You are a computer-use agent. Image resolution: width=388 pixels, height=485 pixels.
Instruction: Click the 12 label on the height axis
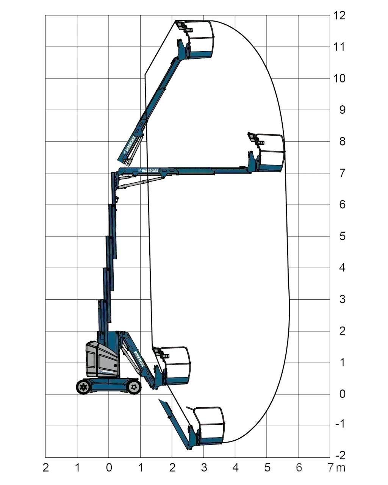coord(339,16)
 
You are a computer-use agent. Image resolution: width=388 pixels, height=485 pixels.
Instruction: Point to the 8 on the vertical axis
coord(342,142)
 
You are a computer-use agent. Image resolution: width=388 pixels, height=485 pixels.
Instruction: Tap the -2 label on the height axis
coord(340,455)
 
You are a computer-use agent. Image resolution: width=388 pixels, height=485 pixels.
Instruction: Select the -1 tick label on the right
coord(340,424)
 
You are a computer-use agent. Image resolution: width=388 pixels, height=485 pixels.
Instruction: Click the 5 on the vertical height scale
coord(342,236)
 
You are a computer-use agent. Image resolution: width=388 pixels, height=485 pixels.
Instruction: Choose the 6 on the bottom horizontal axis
coord(299,468)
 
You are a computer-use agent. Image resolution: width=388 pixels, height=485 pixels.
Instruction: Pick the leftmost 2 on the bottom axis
coord(45,468)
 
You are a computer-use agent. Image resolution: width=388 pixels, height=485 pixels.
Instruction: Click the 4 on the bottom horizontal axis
coord(235,468)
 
